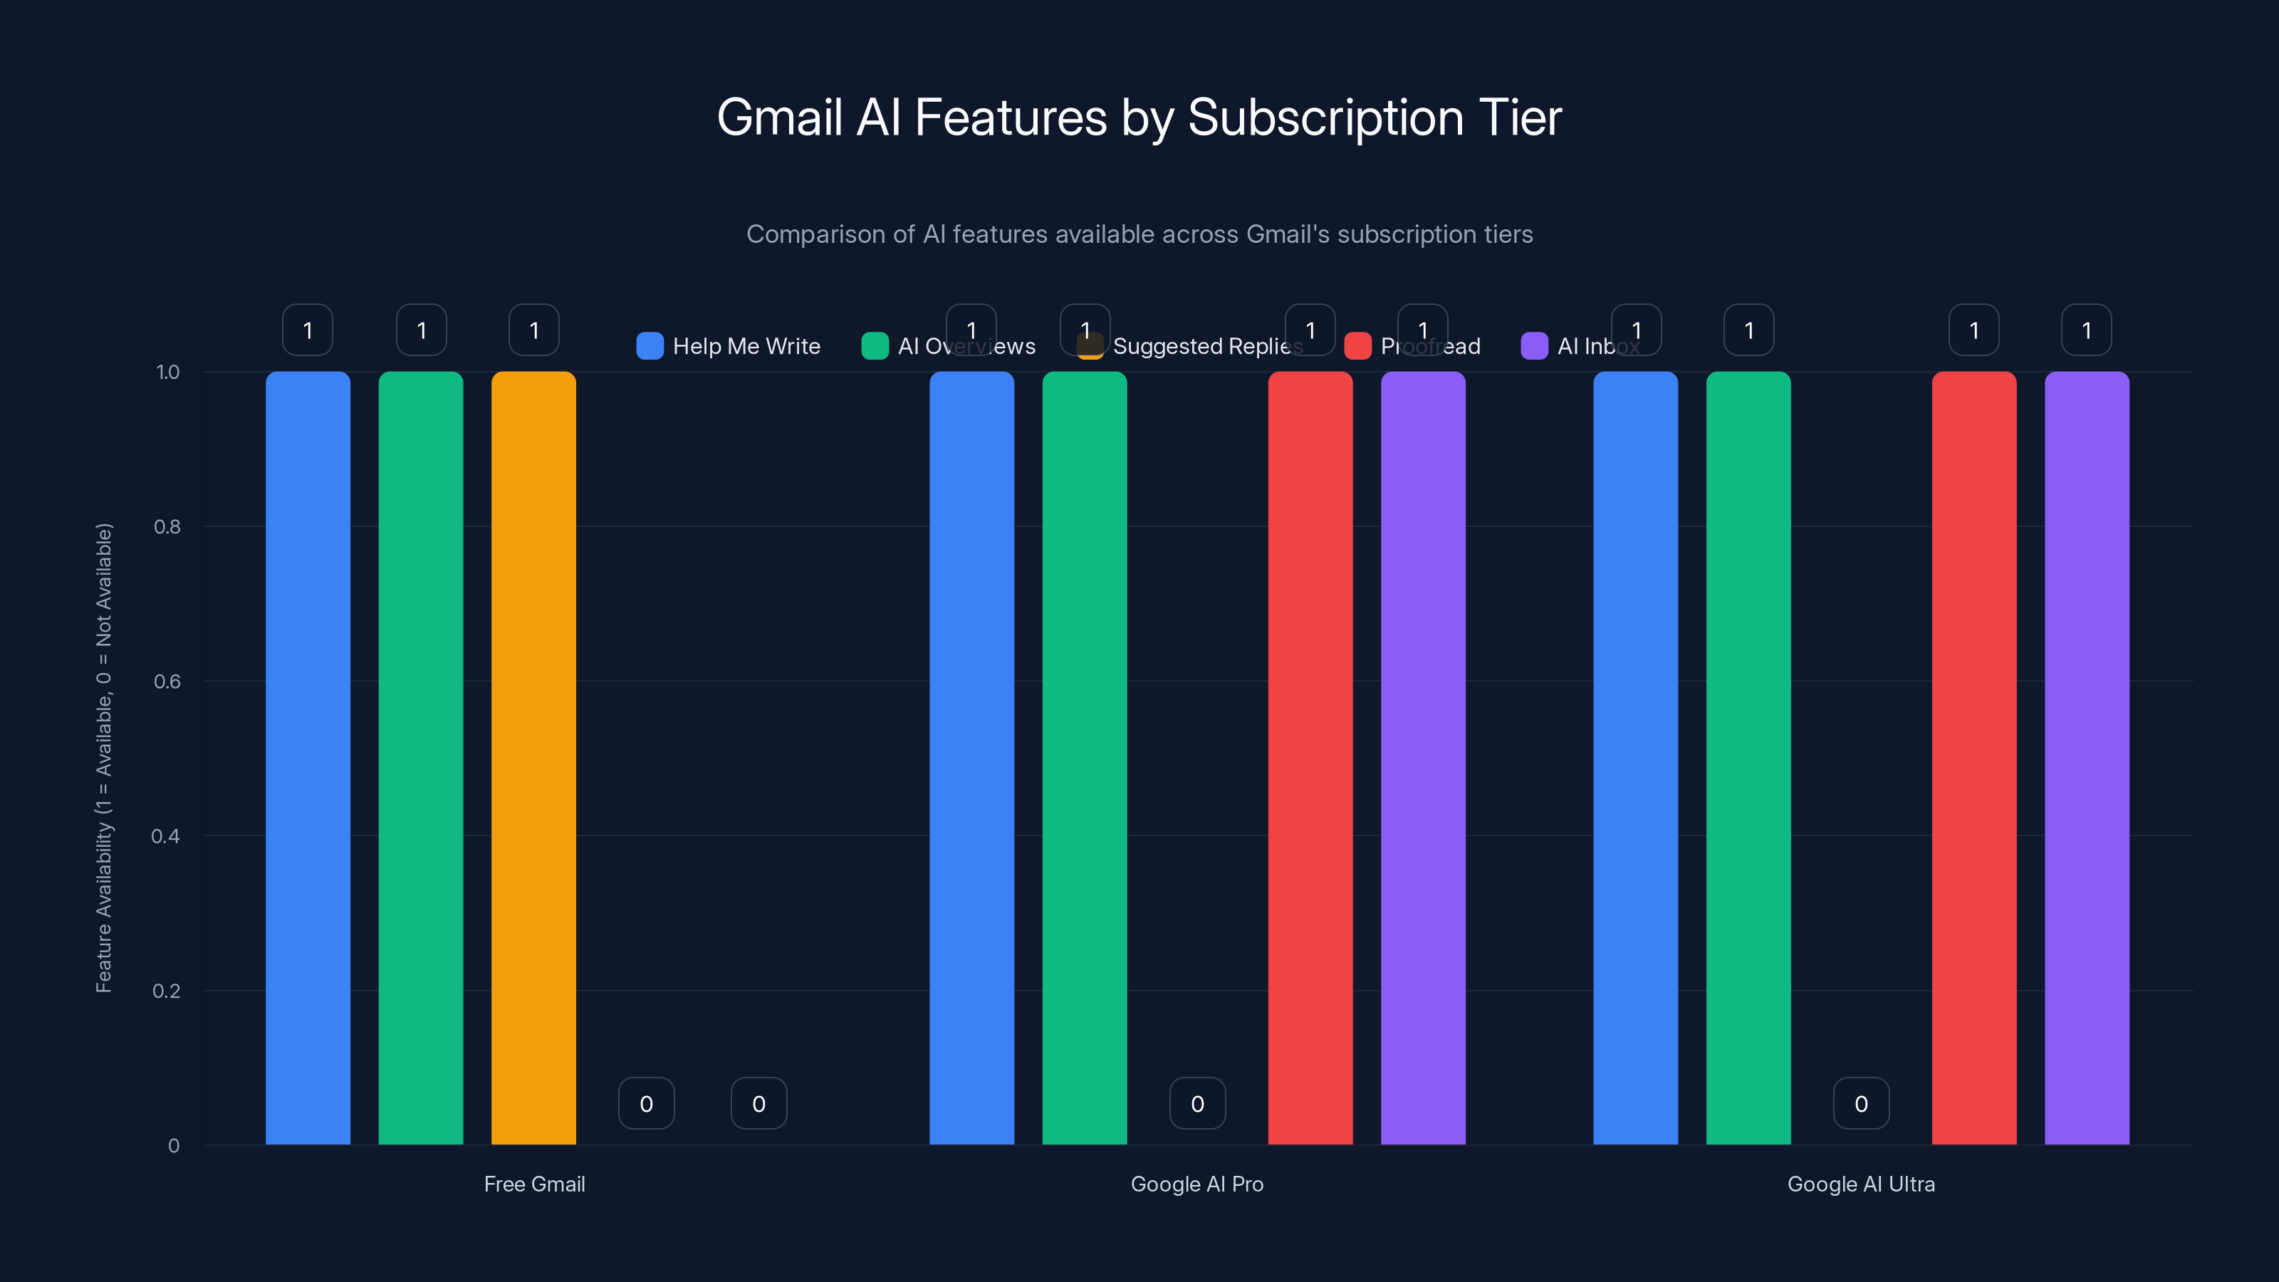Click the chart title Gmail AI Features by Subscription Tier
(x=1139, y=118)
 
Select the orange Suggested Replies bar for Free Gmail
(x=533, y=757)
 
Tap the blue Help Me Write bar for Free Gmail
(x=308, y=757)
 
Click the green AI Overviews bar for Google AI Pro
(x=1085, y=757)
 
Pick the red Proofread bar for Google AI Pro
(x=1310, y=757)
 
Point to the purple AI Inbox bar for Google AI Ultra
(x=2086, y=757)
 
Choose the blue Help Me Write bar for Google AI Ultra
(x=1635, y=757)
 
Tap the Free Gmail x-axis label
(x=534, y=1184)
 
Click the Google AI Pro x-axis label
(x=1197, y=1184)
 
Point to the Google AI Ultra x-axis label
(x=1860, y=1184)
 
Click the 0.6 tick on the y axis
(x=167, y=682)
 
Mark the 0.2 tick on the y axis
(x=167, y=991)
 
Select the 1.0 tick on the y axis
(x=167, y=372)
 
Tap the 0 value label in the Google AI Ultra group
(x=1860, y=1103)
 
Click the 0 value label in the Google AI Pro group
(x=1197, y=1103)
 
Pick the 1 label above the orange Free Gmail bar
(x=533, y=330)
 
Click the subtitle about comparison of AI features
(x=1139, y=234)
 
